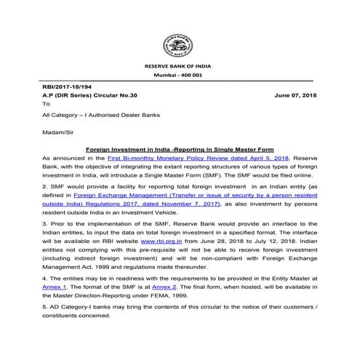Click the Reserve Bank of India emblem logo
[180, 44]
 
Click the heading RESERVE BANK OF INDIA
[180, 66]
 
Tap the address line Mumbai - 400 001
[180, 76]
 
